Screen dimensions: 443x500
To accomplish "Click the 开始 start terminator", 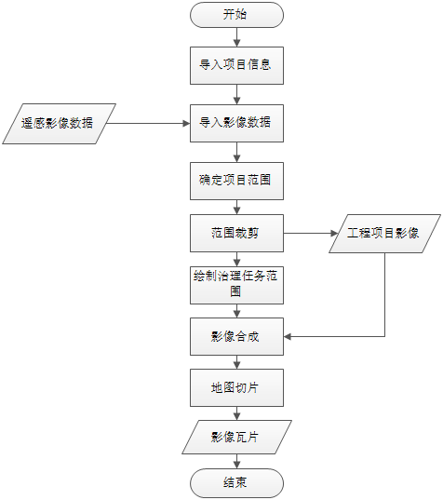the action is [236, 15].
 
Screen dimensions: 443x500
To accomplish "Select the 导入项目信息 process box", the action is [236, 66].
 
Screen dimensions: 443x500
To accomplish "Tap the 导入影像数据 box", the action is [236, 124].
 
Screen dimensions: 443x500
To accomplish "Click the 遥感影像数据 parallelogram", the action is [59, 124].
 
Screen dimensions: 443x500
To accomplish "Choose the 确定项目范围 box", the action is [236, 182].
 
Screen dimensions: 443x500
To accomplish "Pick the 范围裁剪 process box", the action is [236, 233].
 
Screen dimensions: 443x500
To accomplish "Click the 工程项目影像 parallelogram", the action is [384, 234].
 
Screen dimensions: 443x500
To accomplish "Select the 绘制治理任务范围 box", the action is [236, 285].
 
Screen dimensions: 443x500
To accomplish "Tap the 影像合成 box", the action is [236, 336].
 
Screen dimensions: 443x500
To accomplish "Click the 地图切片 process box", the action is [236, 387].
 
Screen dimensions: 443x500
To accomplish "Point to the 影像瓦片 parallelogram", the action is [236, 437].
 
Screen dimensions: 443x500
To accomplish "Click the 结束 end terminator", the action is [236, 483].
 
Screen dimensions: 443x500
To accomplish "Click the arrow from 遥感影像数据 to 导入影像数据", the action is [148, 124].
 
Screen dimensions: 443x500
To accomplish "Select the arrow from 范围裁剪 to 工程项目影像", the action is [311, 234].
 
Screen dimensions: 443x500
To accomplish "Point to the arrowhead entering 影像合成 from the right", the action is [288, 336].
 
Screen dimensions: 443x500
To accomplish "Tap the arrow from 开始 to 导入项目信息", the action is [236, 37].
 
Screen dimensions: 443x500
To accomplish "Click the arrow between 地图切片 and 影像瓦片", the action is [236, 413].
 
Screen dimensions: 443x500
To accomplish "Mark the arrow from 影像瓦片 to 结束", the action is [236, 462].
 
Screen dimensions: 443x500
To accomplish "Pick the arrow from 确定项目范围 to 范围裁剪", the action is [236, 208].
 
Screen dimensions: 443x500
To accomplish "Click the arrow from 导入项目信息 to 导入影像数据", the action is [236, 95].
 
